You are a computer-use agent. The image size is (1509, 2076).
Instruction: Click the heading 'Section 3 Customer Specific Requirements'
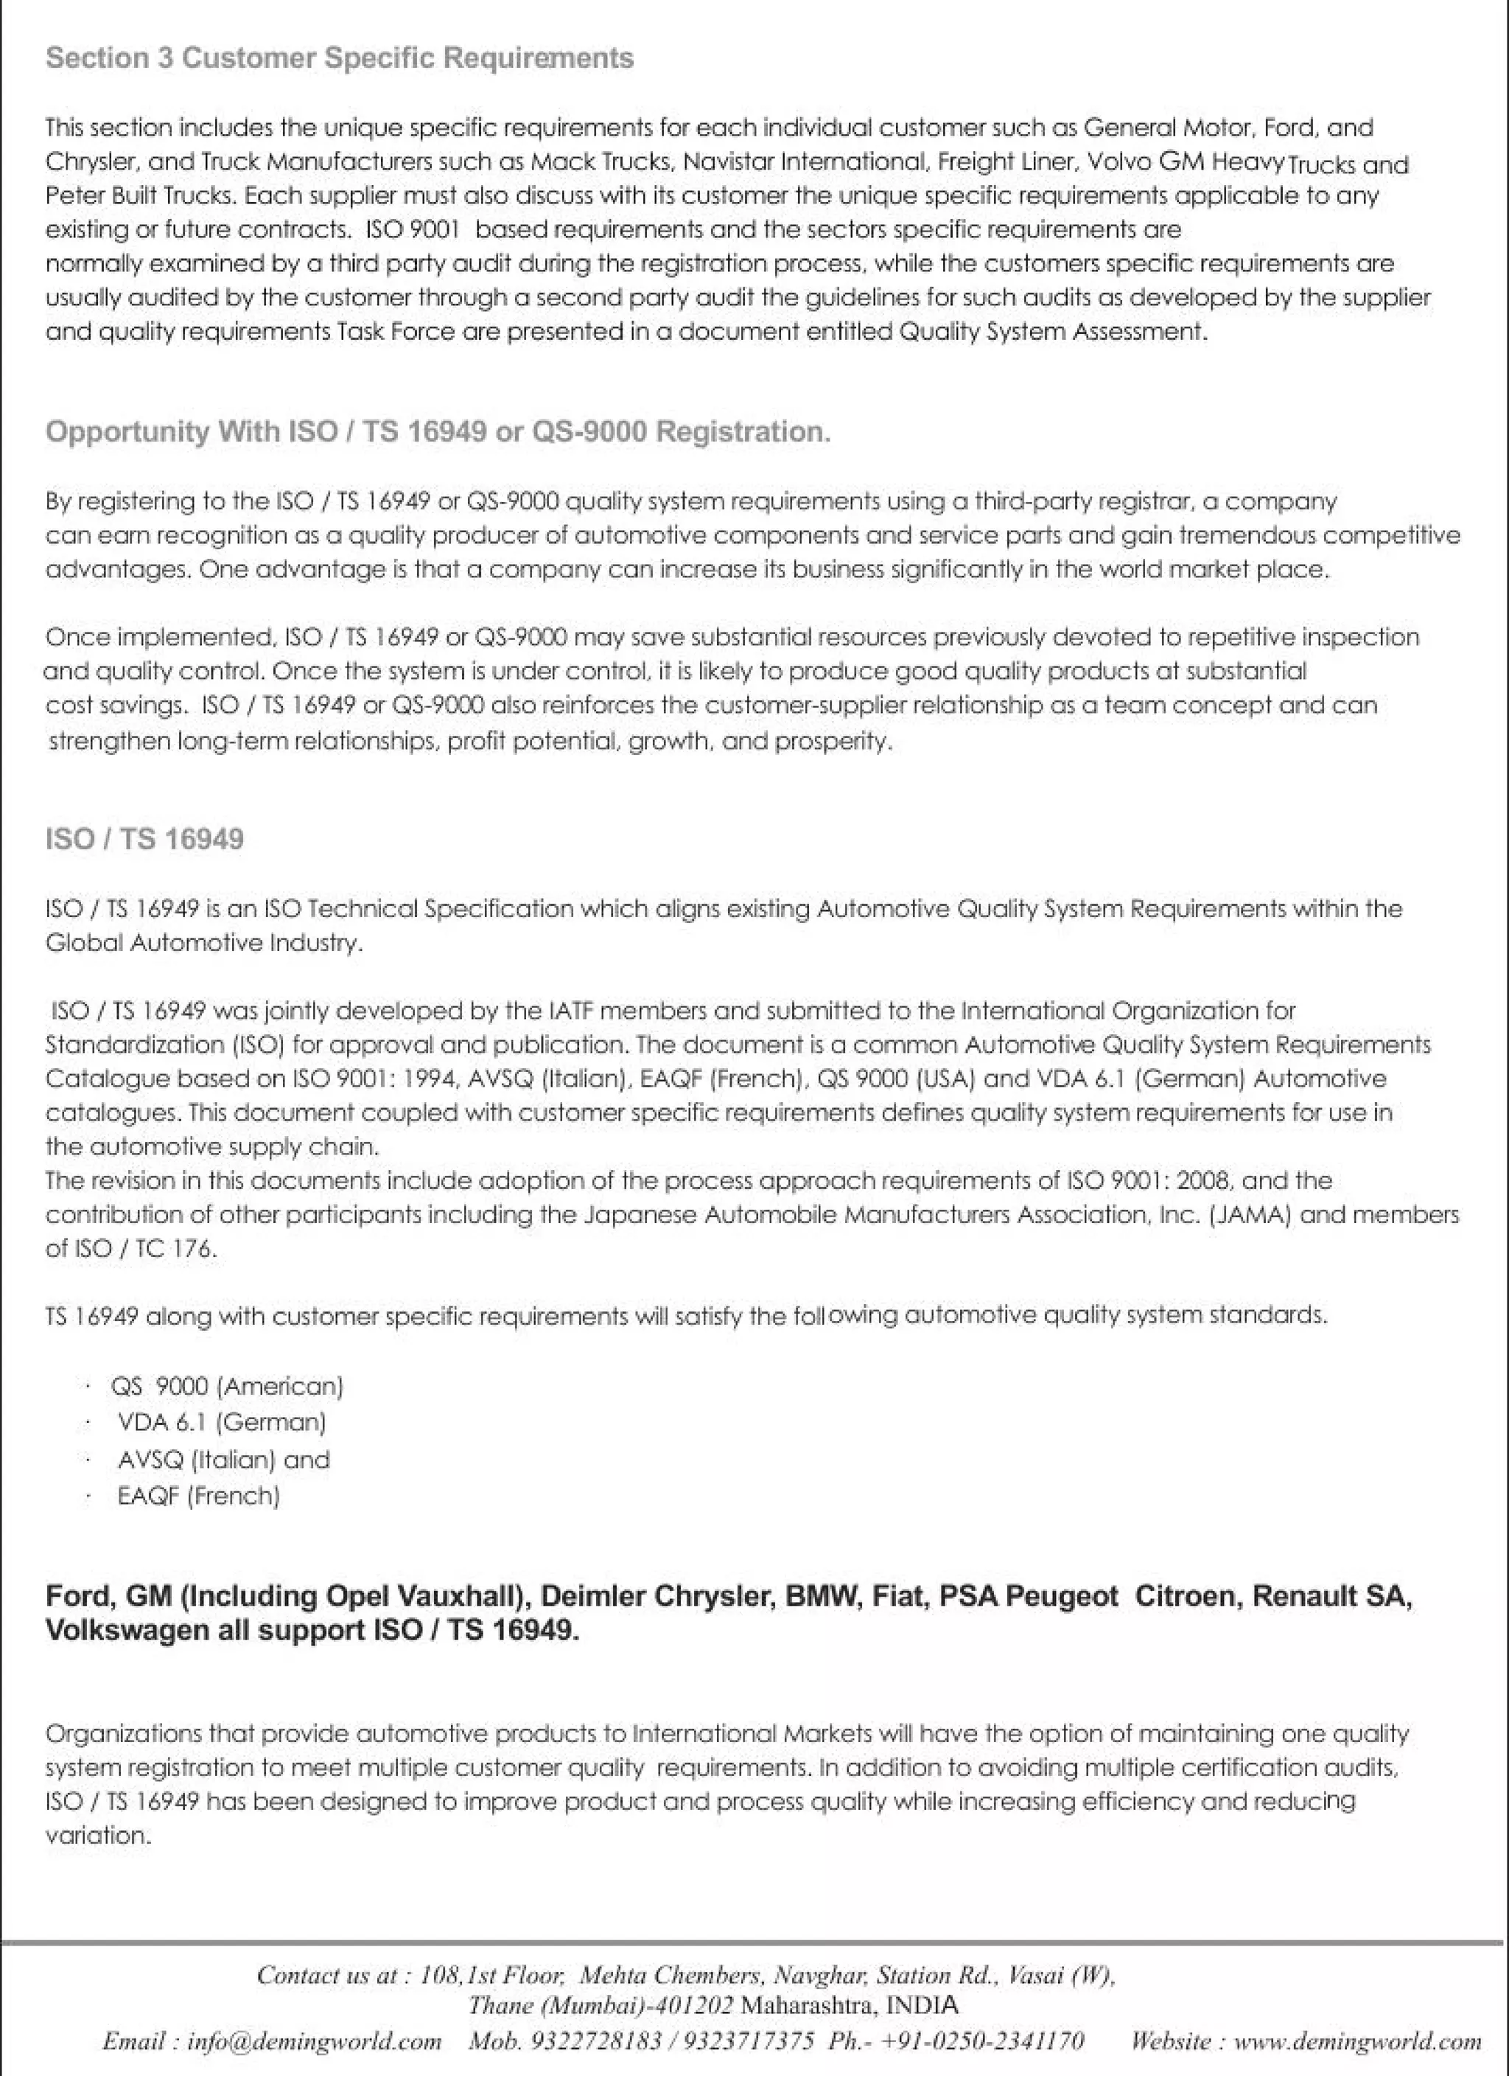click(340, 58)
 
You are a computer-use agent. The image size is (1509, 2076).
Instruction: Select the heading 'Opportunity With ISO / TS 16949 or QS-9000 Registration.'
click(438, 432)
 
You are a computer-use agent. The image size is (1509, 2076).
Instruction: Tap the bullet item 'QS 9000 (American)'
click(226, 1387)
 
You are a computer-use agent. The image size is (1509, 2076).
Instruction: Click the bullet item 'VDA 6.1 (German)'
click(222, 1422)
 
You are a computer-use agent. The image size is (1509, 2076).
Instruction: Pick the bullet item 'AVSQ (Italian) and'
click(223, 1460)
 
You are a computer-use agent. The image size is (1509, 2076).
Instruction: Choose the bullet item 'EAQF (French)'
click(199, 1497)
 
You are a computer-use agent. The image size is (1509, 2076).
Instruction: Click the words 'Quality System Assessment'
click(1051, 331)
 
